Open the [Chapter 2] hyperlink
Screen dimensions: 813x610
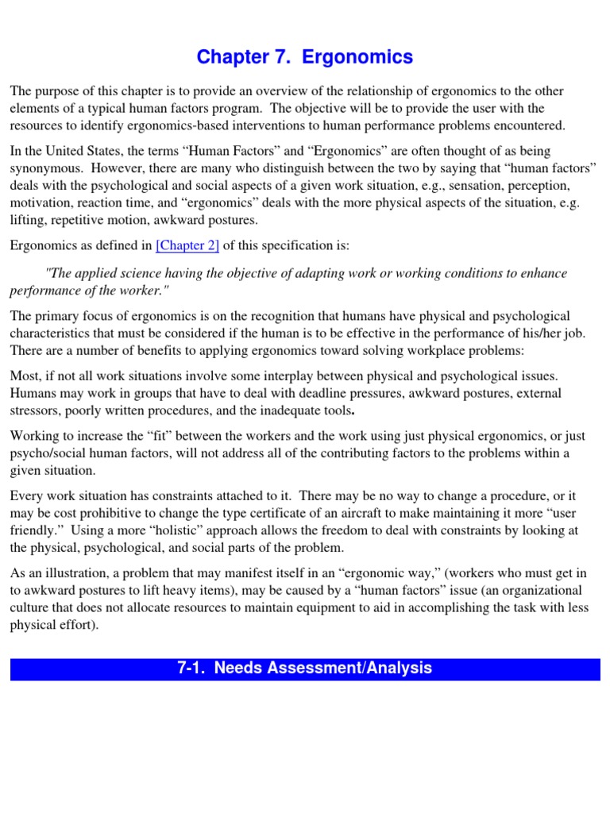pos(187,245)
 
